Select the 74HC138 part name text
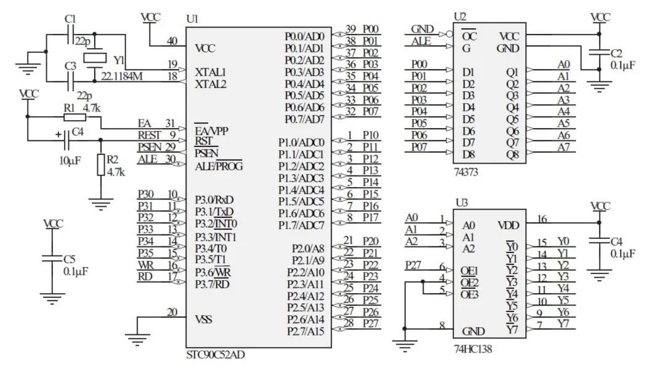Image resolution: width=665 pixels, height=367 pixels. tap(472, 350)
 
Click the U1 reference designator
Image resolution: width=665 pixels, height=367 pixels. tap(192, 19)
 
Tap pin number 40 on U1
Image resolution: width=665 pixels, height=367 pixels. tap(172, 41)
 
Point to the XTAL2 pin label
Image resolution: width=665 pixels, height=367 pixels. tap(210, 83)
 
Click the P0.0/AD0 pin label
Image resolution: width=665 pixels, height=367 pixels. tap(304, 36)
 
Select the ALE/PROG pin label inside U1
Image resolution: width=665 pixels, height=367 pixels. tap(219, 166)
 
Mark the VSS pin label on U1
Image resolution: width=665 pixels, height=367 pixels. tap(204, 319)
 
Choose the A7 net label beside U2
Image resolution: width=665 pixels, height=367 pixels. tap(563, 147)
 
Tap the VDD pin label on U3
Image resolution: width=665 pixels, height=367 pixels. tap(508, 225)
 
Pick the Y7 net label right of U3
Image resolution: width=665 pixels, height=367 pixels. tap(563, 324)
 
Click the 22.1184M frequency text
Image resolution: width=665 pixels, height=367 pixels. tap(121, 76)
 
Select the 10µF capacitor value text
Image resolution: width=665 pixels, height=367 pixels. tap(68, 160)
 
